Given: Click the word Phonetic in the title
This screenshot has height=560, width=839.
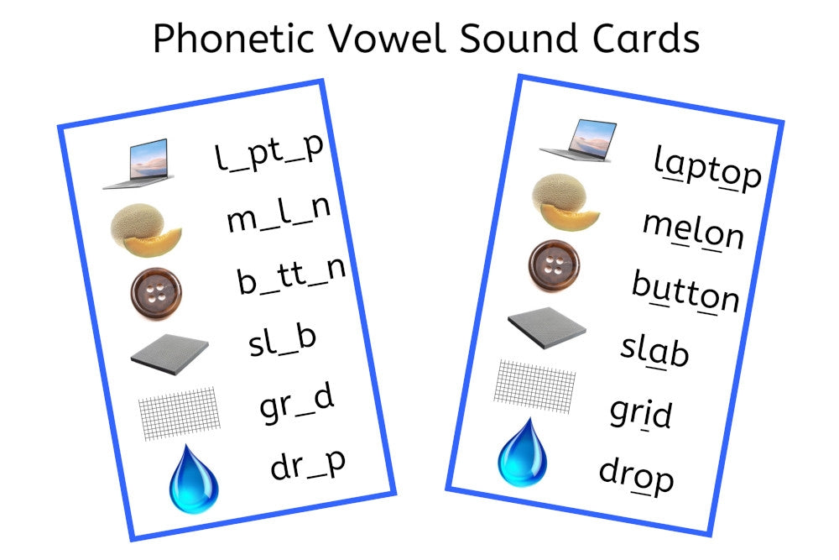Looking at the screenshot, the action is [233, 38].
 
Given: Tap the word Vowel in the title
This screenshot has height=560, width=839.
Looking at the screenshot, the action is [385, 38].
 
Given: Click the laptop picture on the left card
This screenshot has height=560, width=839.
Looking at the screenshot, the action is [138, 164].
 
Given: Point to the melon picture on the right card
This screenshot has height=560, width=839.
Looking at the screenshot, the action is [565, 201].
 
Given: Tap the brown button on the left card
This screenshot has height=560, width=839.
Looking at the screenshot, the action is [156, 293].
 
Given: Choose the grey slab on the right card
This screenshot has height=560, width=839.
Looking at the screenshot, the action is [547, 327].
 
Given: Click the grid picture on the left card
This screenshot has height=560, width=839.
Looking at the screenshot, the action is [180, 413].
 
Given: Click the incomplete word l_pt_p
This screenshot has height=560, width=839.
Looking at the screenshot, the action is [269, 153].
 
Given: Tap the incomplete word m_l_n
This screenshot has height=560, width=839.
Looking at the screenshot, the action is [279, 214].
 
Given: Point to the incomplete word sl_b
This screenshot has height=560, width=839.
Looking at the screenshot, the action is [283, 341].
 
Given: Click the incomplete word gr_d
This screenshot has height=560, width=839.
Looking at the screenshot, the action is [297, 404].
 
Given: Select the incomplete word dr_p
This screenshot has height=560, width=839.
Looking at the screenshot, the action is [308, 465].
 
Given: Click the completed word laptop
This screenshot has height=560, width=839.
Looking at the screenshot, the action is [707, 168].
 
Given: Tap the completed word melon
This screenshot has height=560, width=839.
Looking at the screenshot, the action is [694, 230].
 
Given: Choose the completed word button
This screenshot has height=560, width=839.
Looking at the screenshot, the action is [686, 291].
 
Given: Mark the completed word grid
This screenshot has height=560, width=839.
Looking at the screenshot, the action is [641, 413].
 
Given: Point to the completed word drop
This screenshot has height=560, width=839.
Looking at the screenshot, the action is [636, 475].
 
